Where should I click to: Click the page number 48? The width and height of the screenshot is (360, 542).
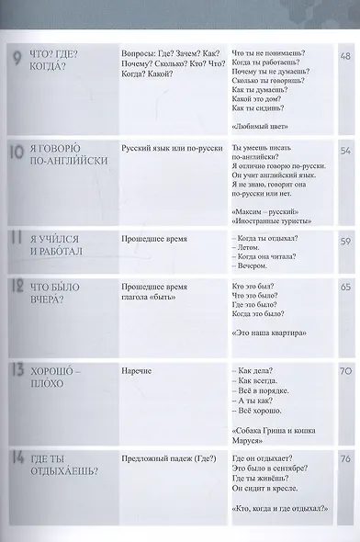[x=346, y=56]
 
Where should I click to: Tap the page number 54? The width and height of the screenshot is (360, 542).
[x=346, y=150]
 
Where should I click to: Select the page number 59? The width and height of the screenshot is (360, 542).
[x=346, y=243]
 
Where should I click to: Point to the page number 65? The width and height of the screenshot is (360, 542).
[x=346, y=288]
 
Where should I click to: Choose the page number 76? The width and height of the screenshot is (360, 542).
[x=346, y=460]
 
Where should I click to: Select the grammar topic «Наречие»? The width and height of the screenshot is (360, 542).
[x=136, y=370]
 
